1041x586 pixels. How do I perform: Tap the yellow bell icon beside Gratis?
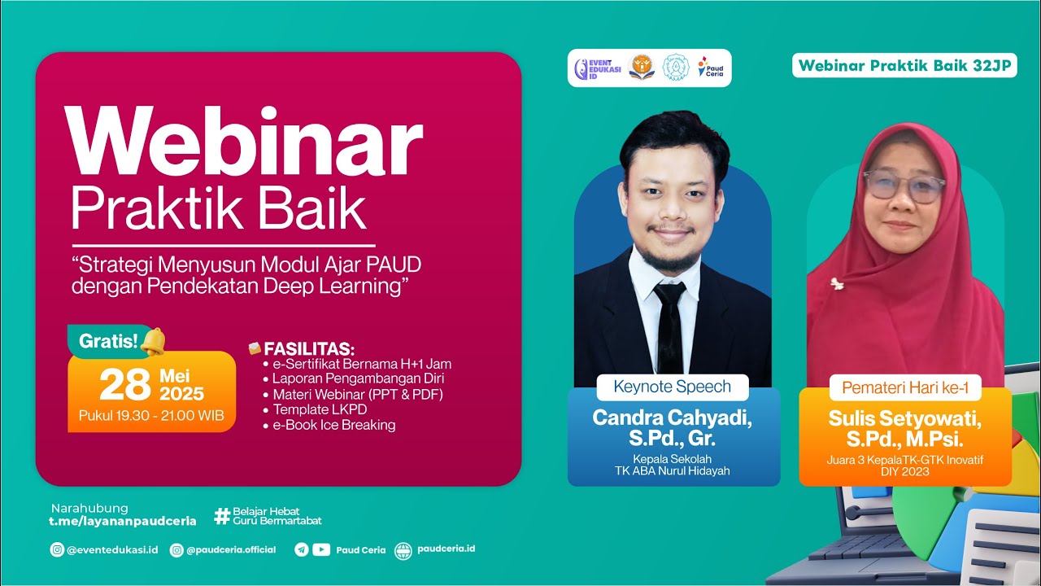152,341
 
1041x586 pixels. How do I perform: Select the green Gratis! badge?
108,340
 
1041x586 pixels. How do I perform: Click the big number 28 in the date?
124,385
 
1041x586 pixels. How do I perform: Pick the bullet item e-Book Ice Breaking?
333,425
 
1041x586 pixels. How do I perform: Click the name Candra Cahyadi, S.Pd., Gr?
673,428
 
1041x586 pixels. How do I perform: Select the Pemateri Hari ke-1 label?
905,387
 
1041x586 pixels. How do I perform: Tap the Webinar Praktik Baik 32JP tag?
905,66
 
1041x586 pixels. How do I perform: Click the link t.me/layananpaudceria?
123,521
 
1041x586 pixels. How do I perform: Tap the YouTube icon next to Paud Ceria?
321,549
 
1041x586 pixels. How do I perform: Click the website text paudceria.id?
446,549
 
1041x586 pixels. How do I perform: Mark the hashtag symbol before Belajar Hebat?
221,515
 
